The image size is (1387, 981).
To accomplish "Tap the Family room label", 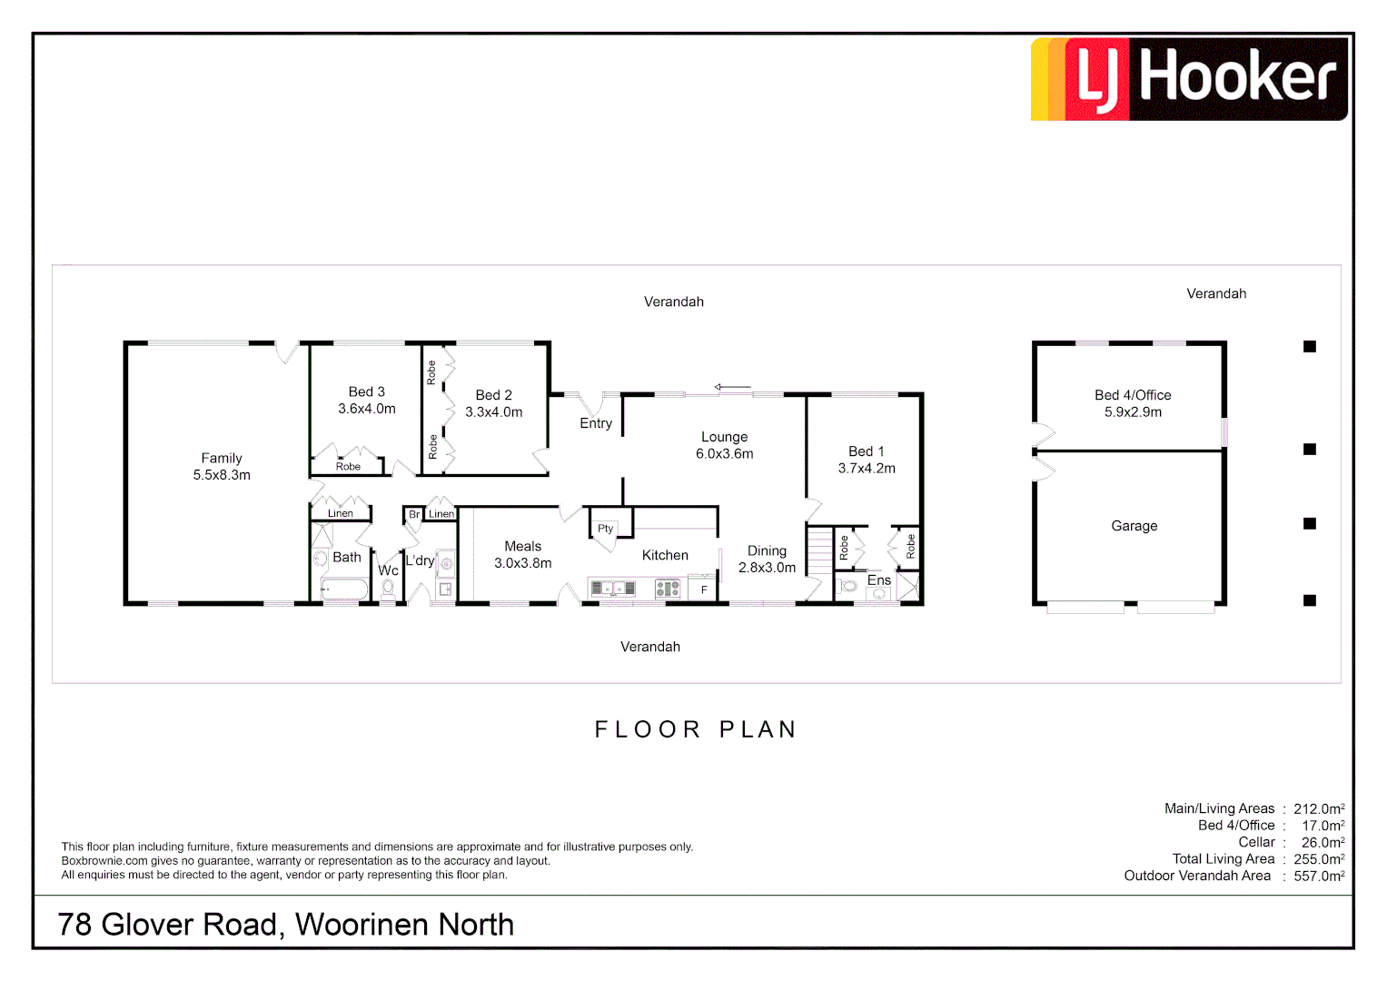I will coord(222,459).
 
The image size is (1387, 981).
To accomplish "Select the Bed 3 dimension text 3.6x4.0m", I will coord(367,409).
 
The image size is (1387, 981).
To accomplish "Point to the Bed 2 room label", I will coord(494,395).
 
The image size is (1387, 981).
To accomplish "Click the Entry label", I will coord(596,423).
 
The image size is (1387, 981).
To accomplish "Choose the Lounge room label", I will coord(724,437).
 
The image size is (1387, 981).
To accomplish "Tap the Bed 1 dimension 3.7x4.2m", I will coord(867,469).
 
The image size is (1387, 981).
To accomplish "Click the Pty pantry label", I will coord(605,529).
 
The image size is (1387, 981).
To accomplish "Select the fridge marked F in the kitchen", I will coord(704,590).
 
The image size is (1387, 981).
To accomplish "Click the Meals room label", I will coord(522,546).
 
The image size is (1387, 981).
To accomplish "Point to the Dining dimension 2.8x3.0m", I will coord(767,568).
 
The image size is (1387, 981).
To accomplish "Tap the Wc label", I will coord(388,570).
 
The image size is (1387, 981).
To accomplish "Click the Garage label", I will coord(1134,526).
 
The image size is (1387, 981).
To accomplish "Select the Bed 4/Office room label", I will coord(1133,395).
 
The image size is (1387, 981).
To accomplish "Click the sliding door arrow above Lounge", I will coord(732,388).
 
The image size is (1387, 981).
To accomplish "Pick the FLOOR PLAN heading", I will coord(696,729).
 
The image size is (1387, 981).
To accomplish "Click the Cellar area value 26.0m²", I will coord(1323,842).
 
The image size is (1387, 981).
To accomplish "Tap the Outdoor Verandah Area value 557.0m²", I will coord(1319,876).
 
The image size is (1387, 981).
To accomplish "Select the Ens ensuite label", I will coord(878,580).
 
